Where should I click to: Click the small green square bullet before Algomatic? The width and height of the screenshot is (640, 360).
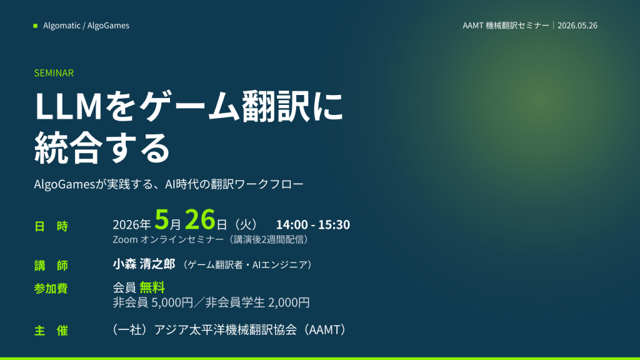35,26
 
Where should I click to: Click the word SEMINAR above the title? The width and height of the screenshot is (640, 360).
54,73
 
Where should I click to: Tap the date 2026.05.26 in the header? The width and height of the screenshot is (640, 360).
577,25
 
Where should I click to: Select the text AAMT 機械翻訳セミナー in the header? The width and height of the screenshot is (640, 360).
506,25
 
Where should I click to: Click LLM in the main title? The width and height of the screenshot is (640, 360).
68,106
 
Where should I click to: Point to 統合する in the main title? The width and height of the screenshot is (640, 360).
102,147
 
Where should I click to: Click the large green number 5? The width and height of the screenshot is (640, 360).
162,219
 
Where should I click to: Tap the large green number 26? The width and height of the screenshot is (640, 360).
200,219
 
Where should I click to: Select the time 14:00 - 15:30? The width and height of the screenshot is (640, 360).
313,224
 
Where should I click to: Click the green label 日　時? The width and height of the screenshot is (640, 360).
51,226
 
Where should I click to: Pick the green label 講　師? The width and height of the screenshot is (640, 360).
51,266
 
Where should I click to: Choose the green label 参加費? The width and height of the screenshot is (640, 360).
51,289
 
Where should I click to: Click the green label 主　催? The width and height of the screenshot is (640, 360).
51,331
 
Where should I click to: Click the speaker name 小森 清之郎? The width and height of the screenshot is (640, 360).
144,264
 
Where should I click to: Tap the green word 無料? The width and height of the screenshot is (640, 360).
152,287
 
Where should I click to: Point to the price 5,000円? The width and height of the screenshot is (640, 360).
172,302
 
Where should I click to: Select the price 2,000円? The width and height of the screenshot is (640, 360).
289,302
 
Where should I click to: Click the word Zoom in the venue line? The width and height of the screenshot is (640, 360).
125,239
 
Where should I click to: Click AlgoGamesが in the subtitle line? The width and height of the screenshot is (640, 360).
70,184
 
